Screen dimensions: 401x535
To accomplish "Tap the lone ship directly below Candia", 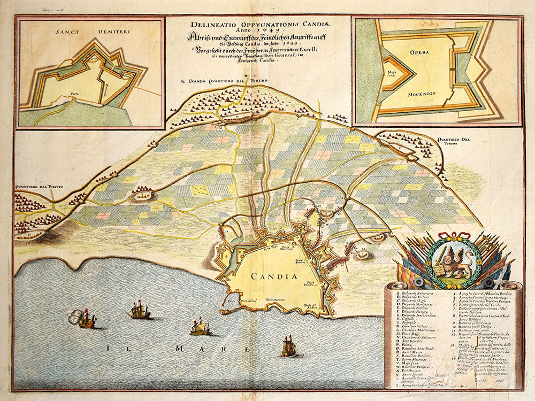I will tap(288, 347).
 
